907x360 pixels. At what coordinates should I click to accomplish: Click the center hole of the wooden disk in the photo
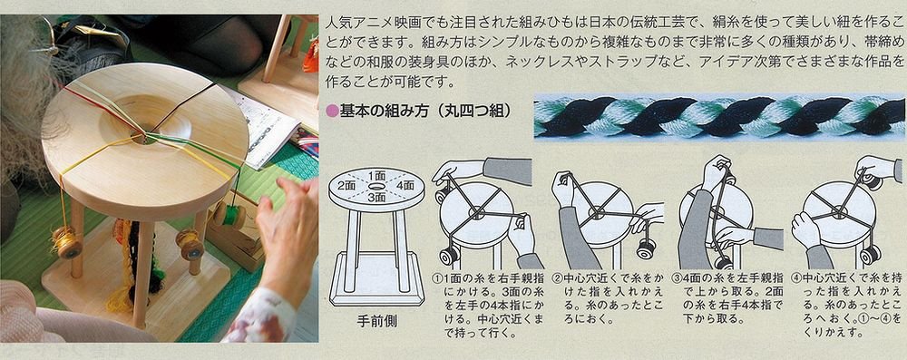click(144, 137)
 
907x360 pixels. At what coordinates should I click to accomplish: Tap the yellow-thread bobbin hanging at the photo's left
click(64, 241)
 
